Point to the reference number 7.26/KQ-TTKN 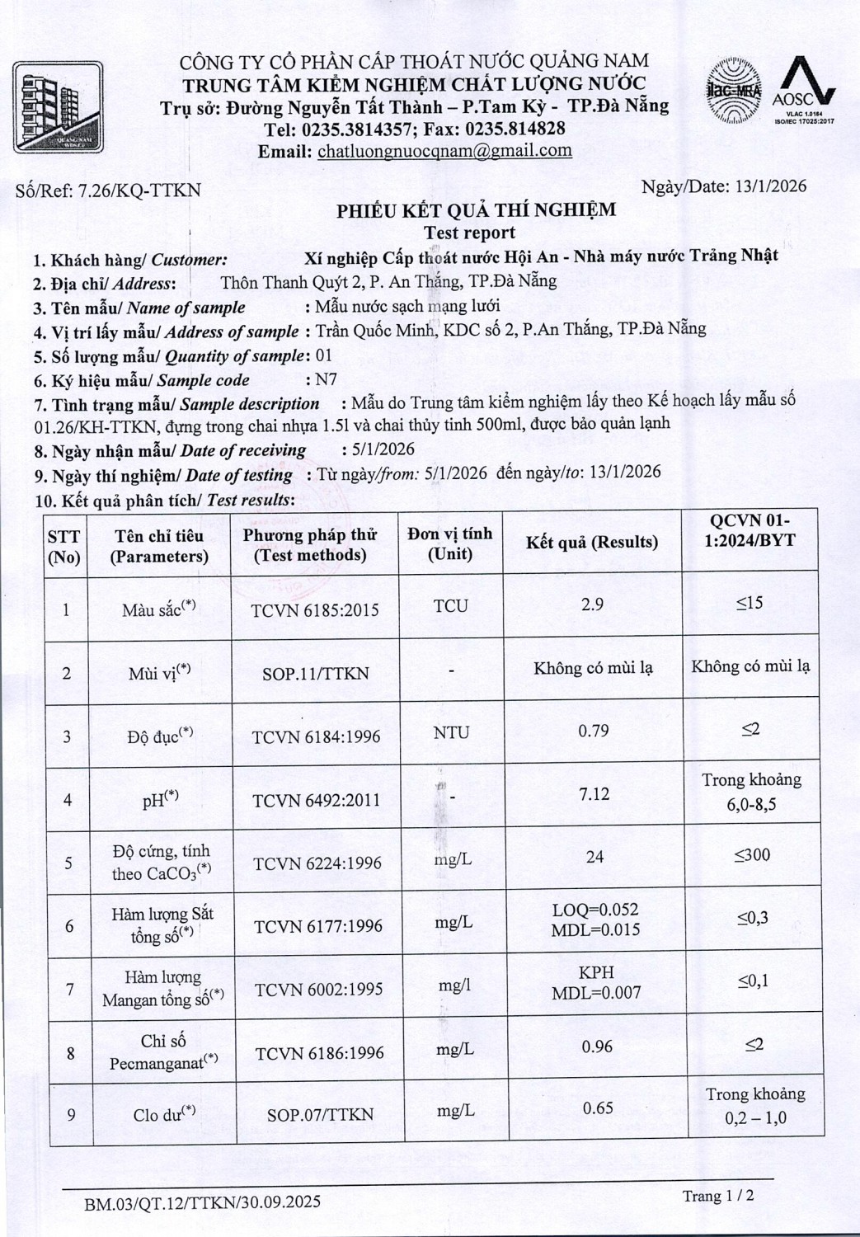coord(138,190)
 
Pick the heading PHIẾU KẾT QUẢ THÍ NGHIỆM coord(476,210)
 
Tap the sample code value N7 coord(327,380)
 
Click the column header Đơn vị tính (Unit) coord(450,543)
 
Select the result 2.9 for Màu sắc coord(592,604)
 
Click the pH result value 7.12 coord(594,793)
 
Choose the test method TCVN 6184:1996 coord(317,736)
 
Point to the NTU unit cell coord(451,732)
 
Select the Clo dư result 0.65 coord(598,1108)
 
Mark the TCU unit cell coord(451,606)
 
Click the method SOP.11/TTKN coord(316,674)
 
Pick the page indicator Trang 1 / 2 coord(717,1196)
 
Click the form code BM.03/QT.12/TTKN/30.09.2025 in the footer coord(202,1203)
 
